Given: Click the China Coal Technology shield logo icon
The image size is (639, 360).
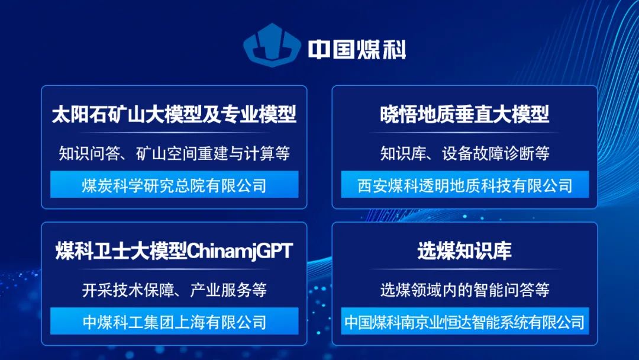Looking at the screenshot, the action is [272, 45].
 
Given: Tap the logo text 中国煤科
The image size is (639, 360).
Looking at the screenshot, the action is [357, 49].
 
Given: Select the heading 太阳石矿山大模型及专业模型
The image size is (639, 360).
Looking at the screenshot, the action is [174, 114].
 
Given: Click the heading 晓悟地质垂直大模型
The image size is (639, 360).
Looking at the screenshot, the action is [464, 114].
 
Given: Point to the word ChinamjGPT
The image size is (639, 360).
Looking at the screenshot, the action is [240, 250].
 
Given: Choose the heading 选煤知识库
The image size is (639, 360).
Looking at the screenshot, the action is [464, 250].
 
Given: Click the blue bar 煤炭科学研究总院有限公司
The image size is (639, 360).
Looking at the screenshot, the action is [175, 184].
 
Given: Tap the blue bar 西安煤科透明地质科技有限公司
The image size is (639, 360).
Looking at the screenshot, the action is [465, 184].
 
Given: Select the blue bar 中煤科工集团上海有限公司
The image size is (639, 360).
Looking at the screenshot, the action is [175, 321].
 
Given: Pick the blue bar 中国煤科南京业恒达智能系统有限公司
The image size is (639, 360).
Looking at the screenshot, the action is [465, 321].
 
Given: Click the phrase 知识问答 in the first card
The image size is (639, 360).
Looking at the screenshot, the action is [90, 153].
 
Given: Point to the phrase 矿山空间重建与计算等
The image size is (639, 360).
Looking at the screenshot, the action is [213, 153].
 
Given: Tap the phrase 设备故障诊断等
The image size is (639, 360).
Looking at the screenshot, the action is [496, 153].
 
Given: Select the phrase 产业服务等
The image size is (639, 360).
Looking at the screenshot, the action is [228, 290].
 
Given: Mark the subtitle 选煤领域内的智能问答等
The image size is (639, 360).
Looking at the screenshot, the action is [465, 290].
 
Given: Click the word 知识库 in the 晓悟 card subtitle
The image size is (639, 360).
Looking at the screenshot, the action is [403, 153].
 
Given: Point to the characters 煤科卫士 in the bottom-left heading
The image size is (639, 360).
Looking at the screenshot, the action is [102, 250].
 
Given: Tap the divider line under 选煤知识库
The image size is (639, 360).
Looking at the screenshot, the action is [465, 269].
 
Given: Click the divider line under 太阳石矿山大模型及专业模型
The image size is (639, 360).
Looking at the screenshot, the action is [175, 133].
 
